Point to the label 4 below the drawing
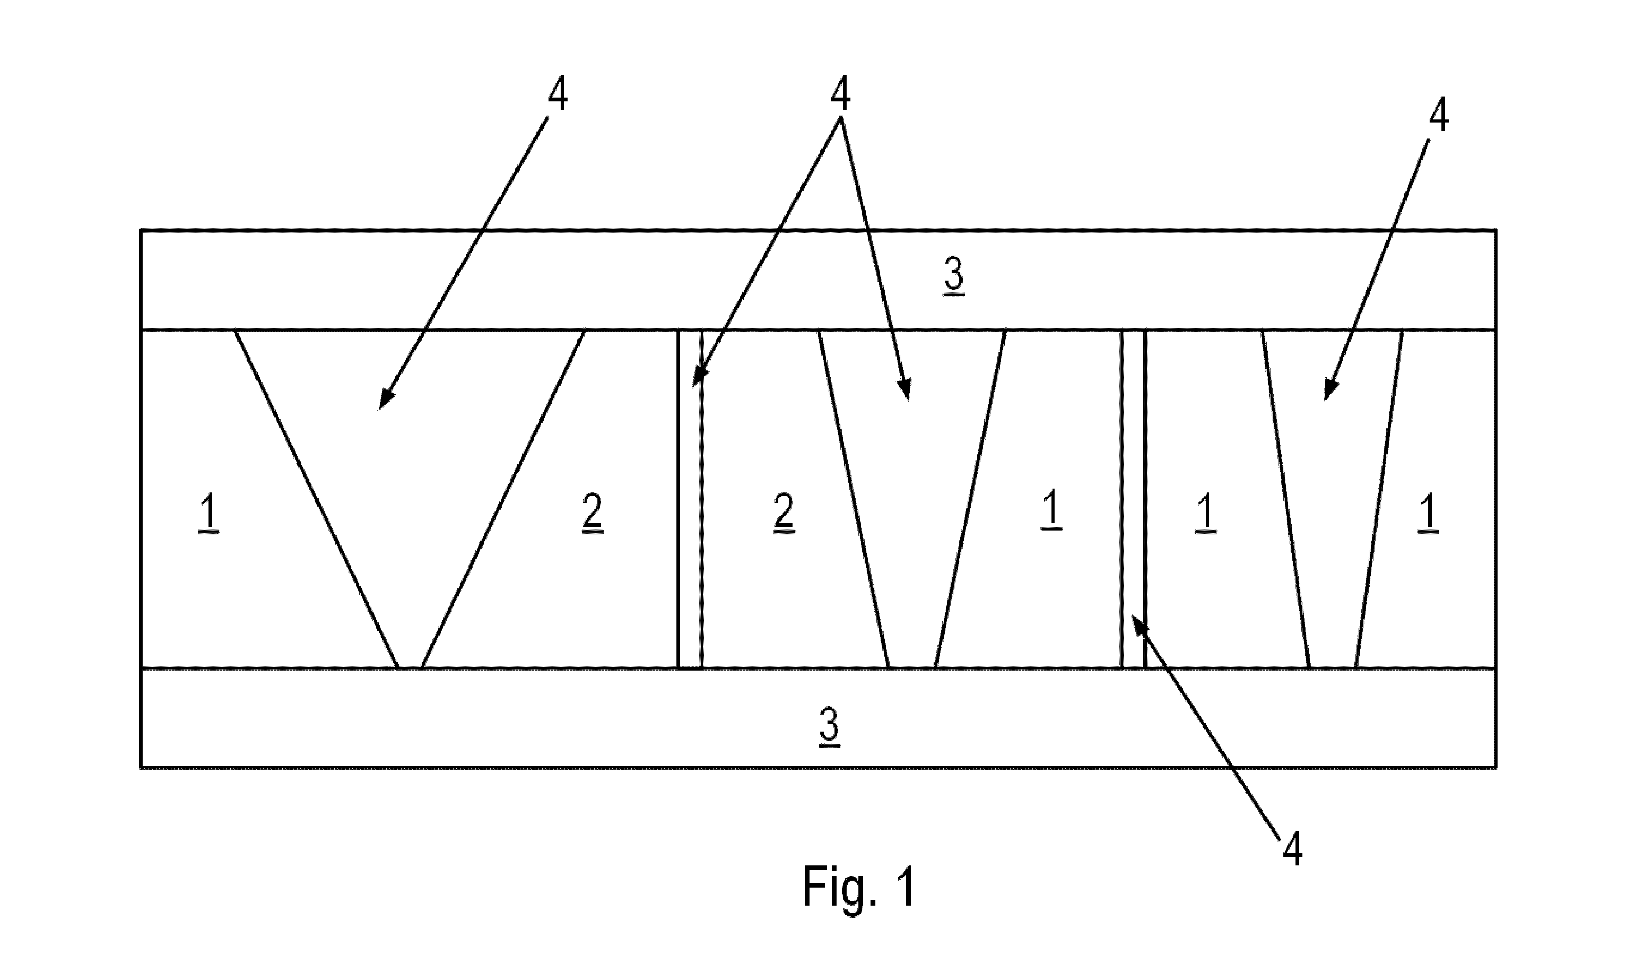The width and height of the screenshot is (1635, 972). [x=1292, y=851]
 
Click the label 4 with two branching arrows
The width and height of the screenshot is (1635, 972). [x=840, y=94]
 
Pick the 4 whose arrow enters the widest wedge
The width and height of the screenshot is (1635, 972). [x=557, y=94]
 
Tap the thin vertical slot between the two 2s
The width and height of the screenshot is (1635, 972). [x=690, y=499]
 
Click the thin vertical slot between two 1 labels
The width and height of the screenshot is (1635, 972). [x=1134, y=499]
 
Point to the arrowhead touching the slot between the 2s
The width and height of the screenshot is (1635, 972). [x=699, y=376]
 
